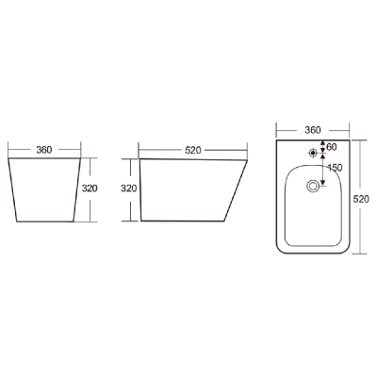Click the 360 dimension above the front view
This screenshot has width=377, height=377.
pyautogui.click(x=44, y=150)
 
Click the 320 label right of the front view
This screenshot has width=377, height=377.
pyautogui.click(x=90, y=188)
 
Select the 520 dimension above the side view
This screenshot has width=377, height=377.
pyautogui.click(x=193, y=151)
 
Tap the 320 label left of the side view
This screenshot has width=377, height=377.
pyautogui.click(x=129, y=188)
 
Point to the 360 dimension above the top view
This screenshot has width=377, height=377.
pyautogui.click(x=313, y=130)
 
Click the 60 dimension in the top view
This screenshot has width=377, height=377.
pyautogui.click(x=332, y=146)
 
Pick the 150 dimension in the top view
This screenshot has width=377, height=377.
pyautogui.click(x=335, y=168)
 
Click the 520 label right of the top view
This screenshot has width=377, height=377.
pyautogui.click(x=361, y=199)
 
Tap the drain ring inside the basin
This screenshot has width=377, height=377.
pyautogui.click(x=313, y=187)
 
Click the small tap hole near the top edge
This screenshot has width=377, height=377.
pyautogui.click(x=313, y=153)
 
